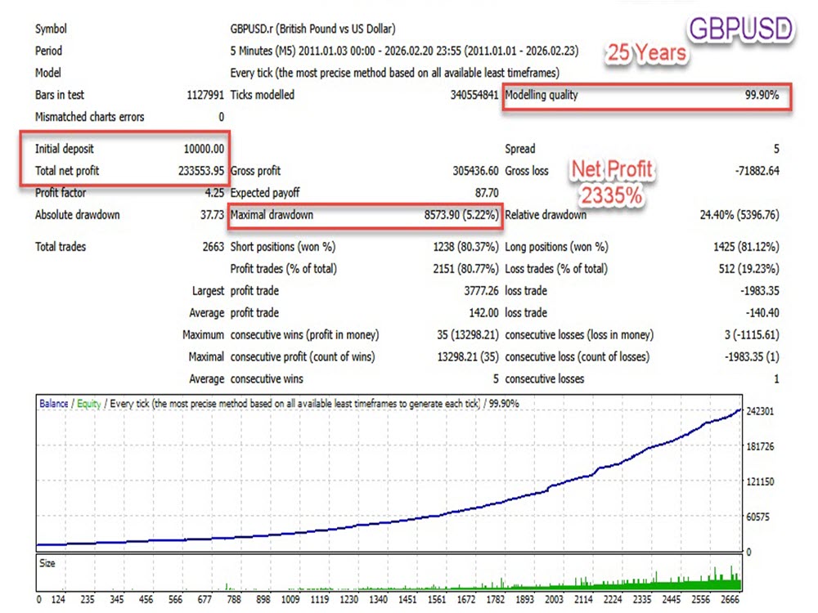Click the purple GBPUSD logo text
[741, 29]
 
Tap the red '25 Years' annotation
[646, 52]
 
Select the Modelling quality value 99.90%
[762, 95]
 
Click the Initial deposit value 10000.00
[204, 149]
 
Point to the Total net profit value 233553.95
[201, 171]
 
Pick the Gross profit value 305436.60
[475, 171]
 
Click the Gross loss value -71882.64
[757, 171]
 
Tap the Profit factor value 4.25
[214, 193]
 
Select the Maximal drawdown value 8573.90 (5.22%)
[461, 215]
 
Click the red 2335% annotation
[611, 196]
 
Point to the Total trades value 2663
[213, 247]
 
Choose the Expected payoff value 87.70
[487, 193]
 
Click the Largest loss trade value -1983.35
[760, 291]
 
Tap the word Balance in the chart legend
[54, 404]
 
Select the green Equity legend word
[88, 404]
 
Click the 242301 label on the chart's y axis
[760, 411]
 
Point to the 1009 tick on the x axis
[290, 599]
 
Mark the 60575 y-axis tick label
[758, 517]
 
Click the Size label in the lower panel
[47, 563]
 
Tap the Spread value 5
[776, 149]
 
